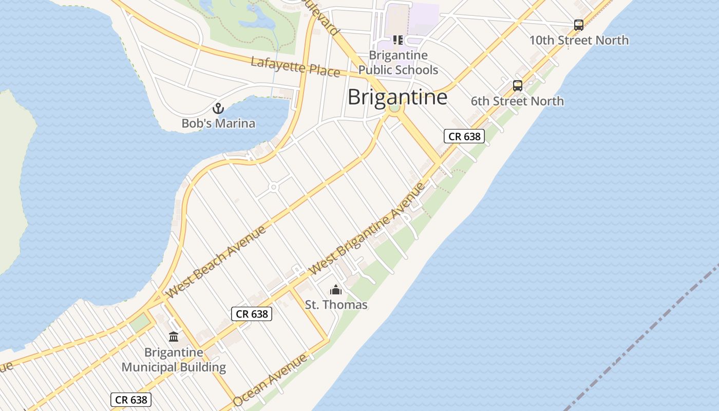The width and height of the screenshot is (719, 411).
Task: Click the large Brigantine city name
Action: [x=397, y=97]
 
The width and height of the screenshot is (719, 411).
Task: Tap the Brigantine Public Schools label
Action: [x=398, y=63]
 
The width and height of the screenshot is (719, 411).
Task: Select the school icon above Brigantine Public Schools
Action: [x=398, y=40]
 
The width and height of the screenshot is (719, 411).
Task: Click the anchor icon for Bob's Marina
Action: [x=218, y=109]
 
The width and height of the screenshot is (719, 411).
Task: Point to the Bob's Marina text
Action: [x=218, y=123]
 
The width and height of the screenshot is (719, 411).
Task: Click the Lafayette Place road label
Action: [x=295, y=67]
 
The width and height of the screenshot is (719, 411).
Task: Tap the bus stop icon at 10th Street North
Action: [x=579, y=25]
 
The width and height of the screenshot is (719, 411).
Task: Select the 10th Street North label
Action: [x=579, y=40]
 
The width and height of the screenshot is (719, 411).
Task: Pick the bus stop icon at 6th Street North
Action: [x=518, y=86]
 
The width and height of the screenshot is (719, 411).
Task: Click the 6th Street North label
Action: [x=517, y=101]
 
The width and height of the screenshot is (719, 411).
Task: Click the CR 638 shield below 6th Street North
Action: [x=464, y=136]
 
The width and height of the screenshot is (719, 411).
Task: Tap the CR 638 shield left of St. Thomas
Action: [x=252, y=313]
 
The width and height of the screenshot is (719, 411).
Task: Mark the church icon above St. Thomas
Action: [x=336, y=290]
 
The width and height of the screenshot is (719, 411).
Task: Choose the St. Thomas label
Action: [x=336, y=305]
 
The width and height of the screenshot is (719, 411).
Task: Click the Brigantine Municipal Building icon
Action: [x=174, y=337]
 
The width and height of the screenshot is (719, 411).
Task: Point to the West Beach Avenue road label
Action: [x=216, y=261]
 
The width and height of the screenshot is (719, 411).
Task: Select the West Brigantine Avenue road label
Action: [x=368, y=229]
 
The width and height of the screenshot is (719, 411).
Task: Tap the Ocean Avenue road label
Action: [x=270, y=380]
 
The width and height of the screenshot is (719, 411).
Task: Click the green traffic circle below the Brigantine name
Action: [x=394, y=108]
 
